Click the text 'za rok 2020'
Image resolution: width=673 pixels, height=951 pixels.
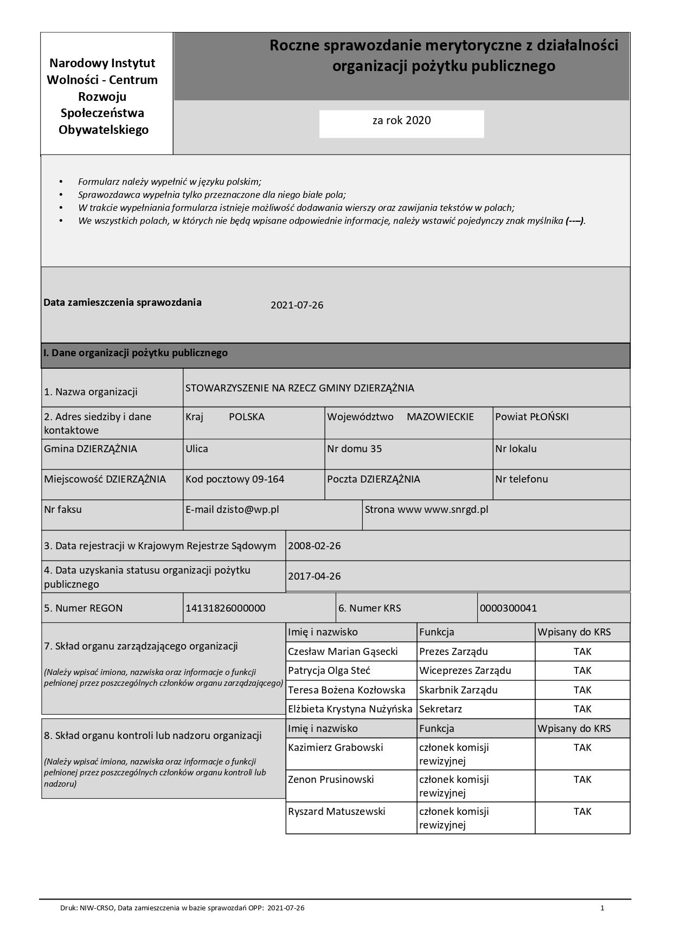click(x=401, y=121)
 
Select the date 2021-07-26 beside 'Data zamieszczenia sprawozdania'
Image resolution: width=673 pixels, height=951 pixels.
click(x=297, y=305)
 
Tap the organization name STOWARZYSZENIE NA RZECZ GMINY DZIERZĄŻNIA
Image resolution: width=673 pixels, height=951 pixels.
click(x=299, y=388)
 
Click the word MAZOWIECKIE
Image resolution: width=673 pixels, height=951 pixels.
click(x=440, y=417)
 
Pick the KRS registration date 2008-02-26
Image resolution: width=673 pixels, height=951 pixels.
click(x=315, y=546)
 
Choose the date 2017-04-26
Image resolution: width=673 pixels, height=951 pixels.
click(x=315, y=576)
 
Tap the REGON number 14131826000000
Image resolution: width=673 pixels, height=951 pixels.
click(x=226, y=608)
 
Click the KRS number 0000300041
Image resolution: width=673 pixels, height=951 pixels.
click(x=508, y=608)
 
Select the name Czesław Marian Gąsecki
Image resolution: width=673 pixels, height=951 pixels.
click(x=343, y=652)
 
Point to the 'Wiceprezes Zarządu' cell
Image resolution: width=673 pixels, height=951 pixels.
click(x=465, y=671)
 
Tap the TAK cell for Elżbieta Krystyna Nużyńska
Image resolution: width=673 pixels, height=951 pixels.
click(x=582, y=709)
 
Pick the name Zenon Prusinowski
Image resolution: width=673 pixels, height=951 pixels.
click(x=331, y=780)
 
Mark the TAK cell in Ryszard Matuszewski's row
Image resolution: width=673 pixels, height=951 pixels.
click(x=582, y=812)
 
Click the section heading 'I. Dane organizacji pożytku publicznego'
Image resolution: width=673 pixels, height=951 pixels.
click(x=136, y=354)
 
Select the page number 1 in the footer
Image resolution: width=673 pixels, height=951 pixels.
click(x=602, y=908)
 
